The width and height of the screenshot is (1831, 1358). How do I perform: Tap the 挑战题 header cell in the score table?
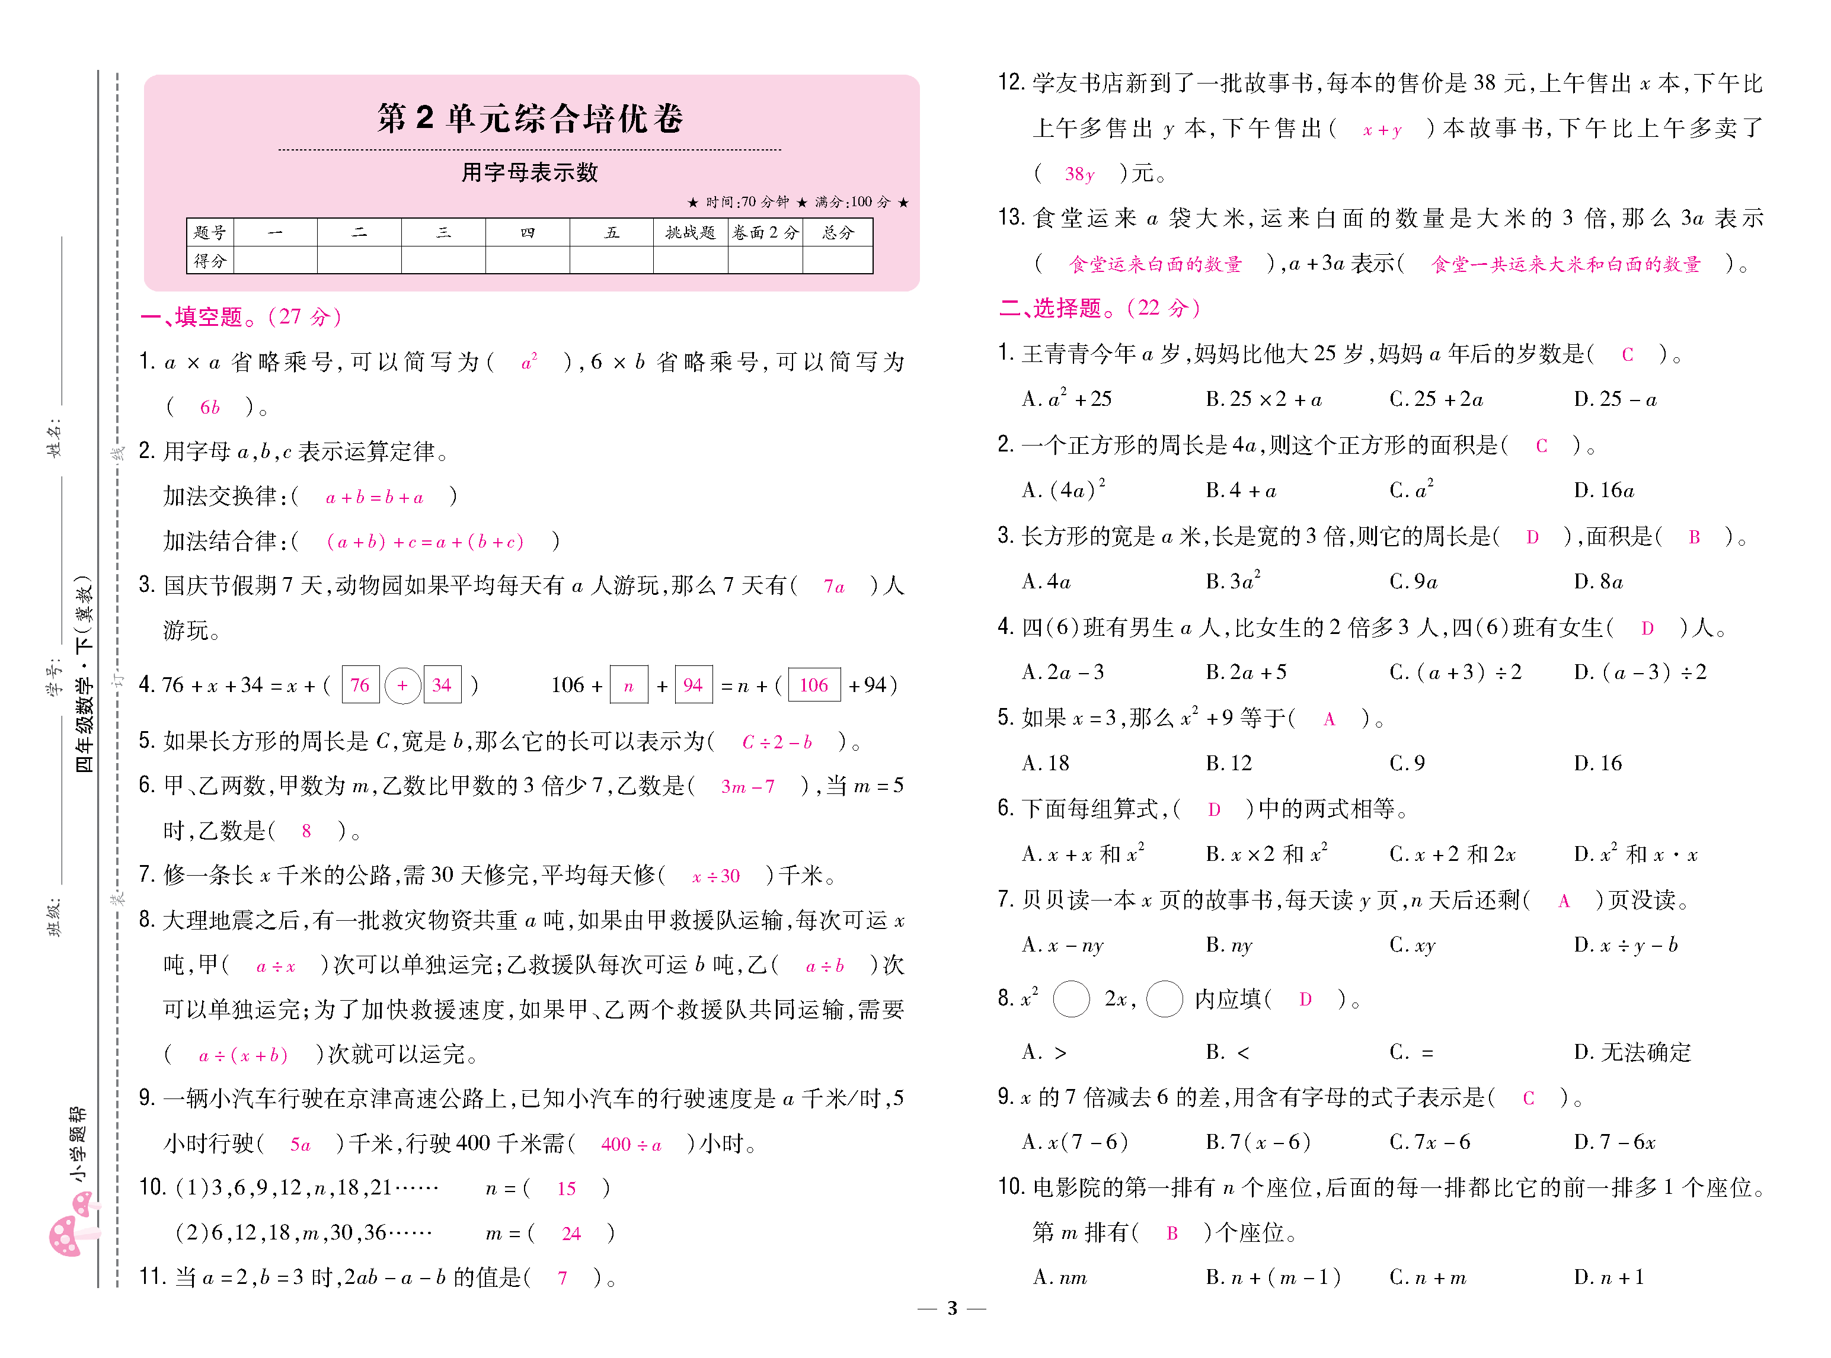pos(690,233)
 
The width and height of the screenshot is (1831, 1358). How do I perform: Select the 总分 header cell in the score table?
pos(837,233)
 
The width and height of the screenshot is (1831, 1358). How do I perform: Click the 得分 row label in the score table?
pos(210,261)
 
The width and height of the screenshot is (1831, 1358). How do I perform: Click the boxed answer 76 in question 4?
pos(360,685)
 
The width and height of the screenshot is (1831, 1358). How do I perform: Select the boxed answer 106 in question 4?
pos(814,685)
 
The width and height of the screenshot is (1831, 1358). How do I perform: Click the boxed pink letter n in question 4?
pos(629,685)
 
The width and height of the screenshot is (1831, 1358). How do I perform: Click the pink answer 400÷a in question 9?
pos(631,1144)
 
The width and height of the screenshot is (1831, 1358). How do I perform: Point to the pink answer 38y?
pos(1079,174)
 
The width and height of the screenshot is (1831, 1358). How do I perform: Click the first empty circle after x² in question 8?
pos(1071,999)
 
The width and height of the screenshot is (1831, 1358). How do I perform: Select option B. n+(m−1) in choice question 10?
pos(1273,1277)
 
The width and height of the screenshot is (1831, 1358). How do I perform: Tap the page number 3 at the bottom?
pos(952,1308)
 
